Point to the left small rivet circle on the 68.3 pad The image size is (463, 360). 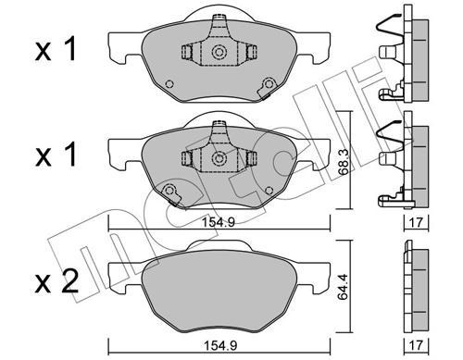point(170,192)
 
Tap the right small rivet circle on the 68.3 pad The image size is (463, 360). point(269,192)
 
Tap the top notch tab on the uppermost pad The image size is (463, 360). point(220,13)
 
